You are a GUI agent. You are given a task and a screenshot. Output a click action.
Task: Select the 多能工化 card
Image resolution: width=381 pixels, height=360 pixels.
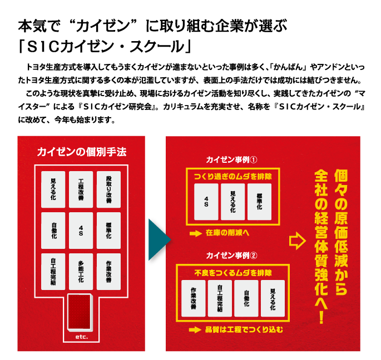point(81,271)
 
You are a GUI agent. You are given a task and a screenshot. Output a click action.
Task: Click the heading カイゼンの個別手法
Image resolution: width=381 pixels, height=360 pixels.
point(82,152)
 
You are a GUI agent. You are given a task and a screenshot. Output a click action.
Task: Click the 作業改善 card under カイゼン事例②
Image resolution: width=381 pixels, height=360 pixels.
point(193,298)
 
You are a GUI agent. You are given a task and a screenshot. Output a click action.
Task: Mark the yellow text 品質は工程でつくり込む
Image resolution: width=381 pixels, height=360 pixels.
point(244,330)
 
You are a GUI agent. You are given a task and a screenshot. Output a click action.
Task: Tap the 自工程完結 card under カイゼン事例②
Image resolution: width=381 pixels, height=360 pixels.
point(220,298)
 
